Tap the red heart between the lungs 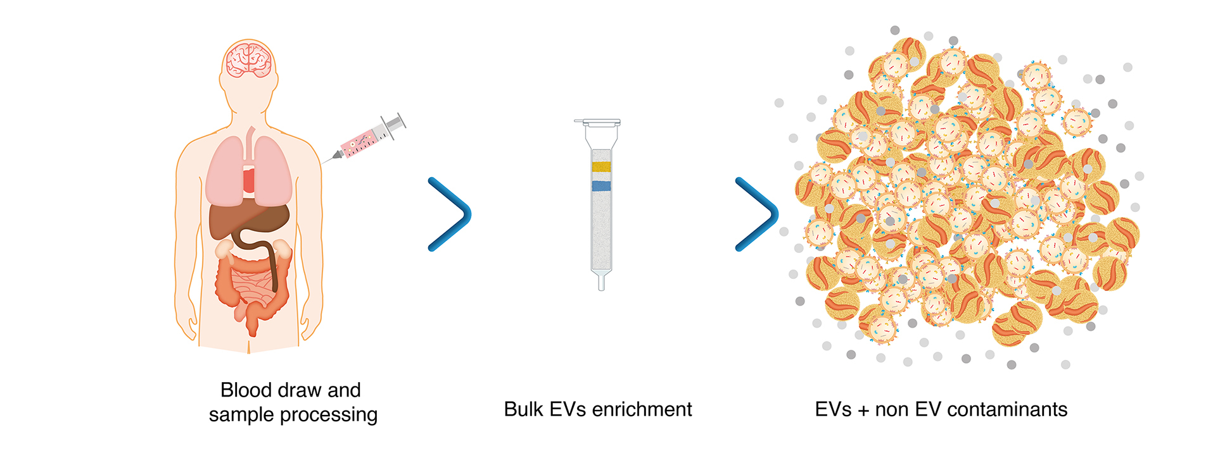[x=249, y=181]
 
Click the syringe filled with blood [x=367, y=139]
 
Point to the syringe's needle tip [x=324, y=163]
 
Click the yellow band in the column [x=601, y=166]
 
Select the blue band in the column [x=601, y=186]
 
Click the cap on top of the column [x=597, y=121]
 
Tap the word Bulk [x=523, y=409]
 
